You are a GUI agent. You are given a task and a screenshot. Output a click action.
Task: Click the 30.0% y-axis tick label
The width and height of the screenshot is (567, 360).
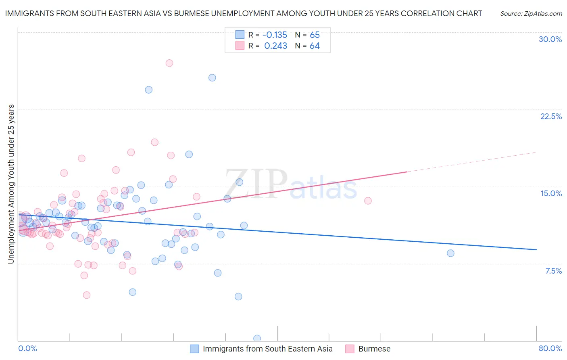pyautogui.click(x=550, y=39)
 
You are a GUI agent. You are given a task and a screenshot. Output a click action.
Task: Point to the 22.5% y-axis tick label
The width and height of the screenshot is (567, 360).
pyautogui.click(x=551, y=116)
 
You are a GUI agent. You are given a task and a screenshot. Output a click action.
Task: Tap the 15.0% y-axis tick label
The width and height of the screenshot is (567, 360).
pyautogui.click(x=551, y=193)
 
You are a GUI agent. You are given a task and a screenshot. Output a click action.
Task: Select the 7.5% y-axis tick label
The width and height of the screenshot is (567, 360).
pyautogui.click(x=553, y=271)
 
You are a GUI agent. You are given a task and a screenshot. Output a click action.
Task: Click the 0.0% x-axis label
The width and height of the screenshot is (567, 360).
pyautogui.click(x=27, y=348)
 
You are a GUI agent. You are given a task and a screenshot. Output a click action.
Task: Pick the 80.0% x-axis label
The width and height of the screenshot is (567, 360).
pyautogui.click(x=550, y=348)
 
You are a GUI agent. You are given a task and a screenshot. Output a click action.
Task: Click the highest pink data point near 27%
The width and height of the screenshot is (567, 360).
pyautogui.click(x=169, y=63)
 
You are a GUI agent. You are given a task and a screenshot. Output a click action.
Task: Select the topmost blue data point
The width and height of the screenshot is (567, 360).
pyautogui.click(x=212, y=77)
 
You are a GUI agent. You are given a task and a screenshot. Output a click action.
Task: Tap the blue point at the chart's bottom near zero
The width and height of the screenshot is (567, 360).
pyautogui.click(x=257, y=338)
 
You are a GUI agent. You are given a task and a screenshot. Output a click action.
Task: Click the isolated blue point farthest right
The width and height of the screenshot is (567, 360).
pyautogui.click(x=450, y=253)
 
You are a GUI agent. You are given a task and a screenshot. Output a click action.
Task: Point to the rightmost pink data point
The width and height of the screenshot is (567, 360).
pyautogui.click(x=368, y=201)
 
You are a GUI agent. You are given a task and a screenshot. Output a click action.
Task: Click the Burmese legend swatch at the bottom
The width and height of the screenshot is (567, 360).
pyautogui.click(x=350, y=349)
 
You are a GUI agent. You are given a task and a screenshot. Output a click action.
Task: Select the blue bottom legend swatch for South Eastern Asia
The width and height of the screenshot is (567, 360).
pyautogui.click(x=194, y=349)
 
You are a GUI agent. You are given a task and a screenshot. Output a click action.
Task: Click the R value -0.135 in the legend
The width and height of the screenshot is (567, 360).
pyautogui.click(x=275, y=35)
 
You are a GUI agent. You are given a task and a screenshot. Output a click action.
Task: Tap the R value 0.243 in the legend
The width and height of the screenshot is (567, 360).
pyautogui.click(x=275, y=46)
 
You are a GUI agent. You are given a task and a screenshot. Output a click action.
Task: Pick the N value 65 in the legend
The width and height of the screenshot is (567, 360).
pyautogui.click(x=315, y=35)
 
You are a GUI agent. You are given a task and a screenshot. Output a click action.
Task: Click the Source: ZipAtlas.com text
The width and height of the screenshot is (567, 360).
pyautogui.click(x=531, y=14)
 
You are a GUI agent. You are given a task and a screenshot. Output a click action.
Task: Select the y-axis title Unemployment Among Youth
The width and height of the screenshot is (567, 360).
pyautogui.click(x=11, y=184)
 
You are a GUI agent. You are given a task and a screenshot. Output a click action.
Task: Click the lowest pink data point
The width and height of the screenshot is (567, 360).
pyautogui.click(x=86, y=295)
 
